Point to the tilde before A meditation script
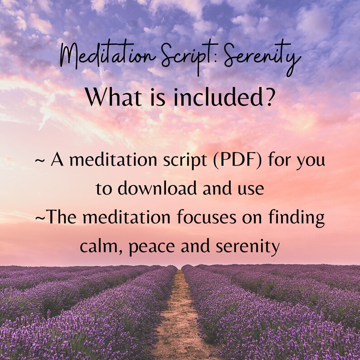[39, 161]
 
